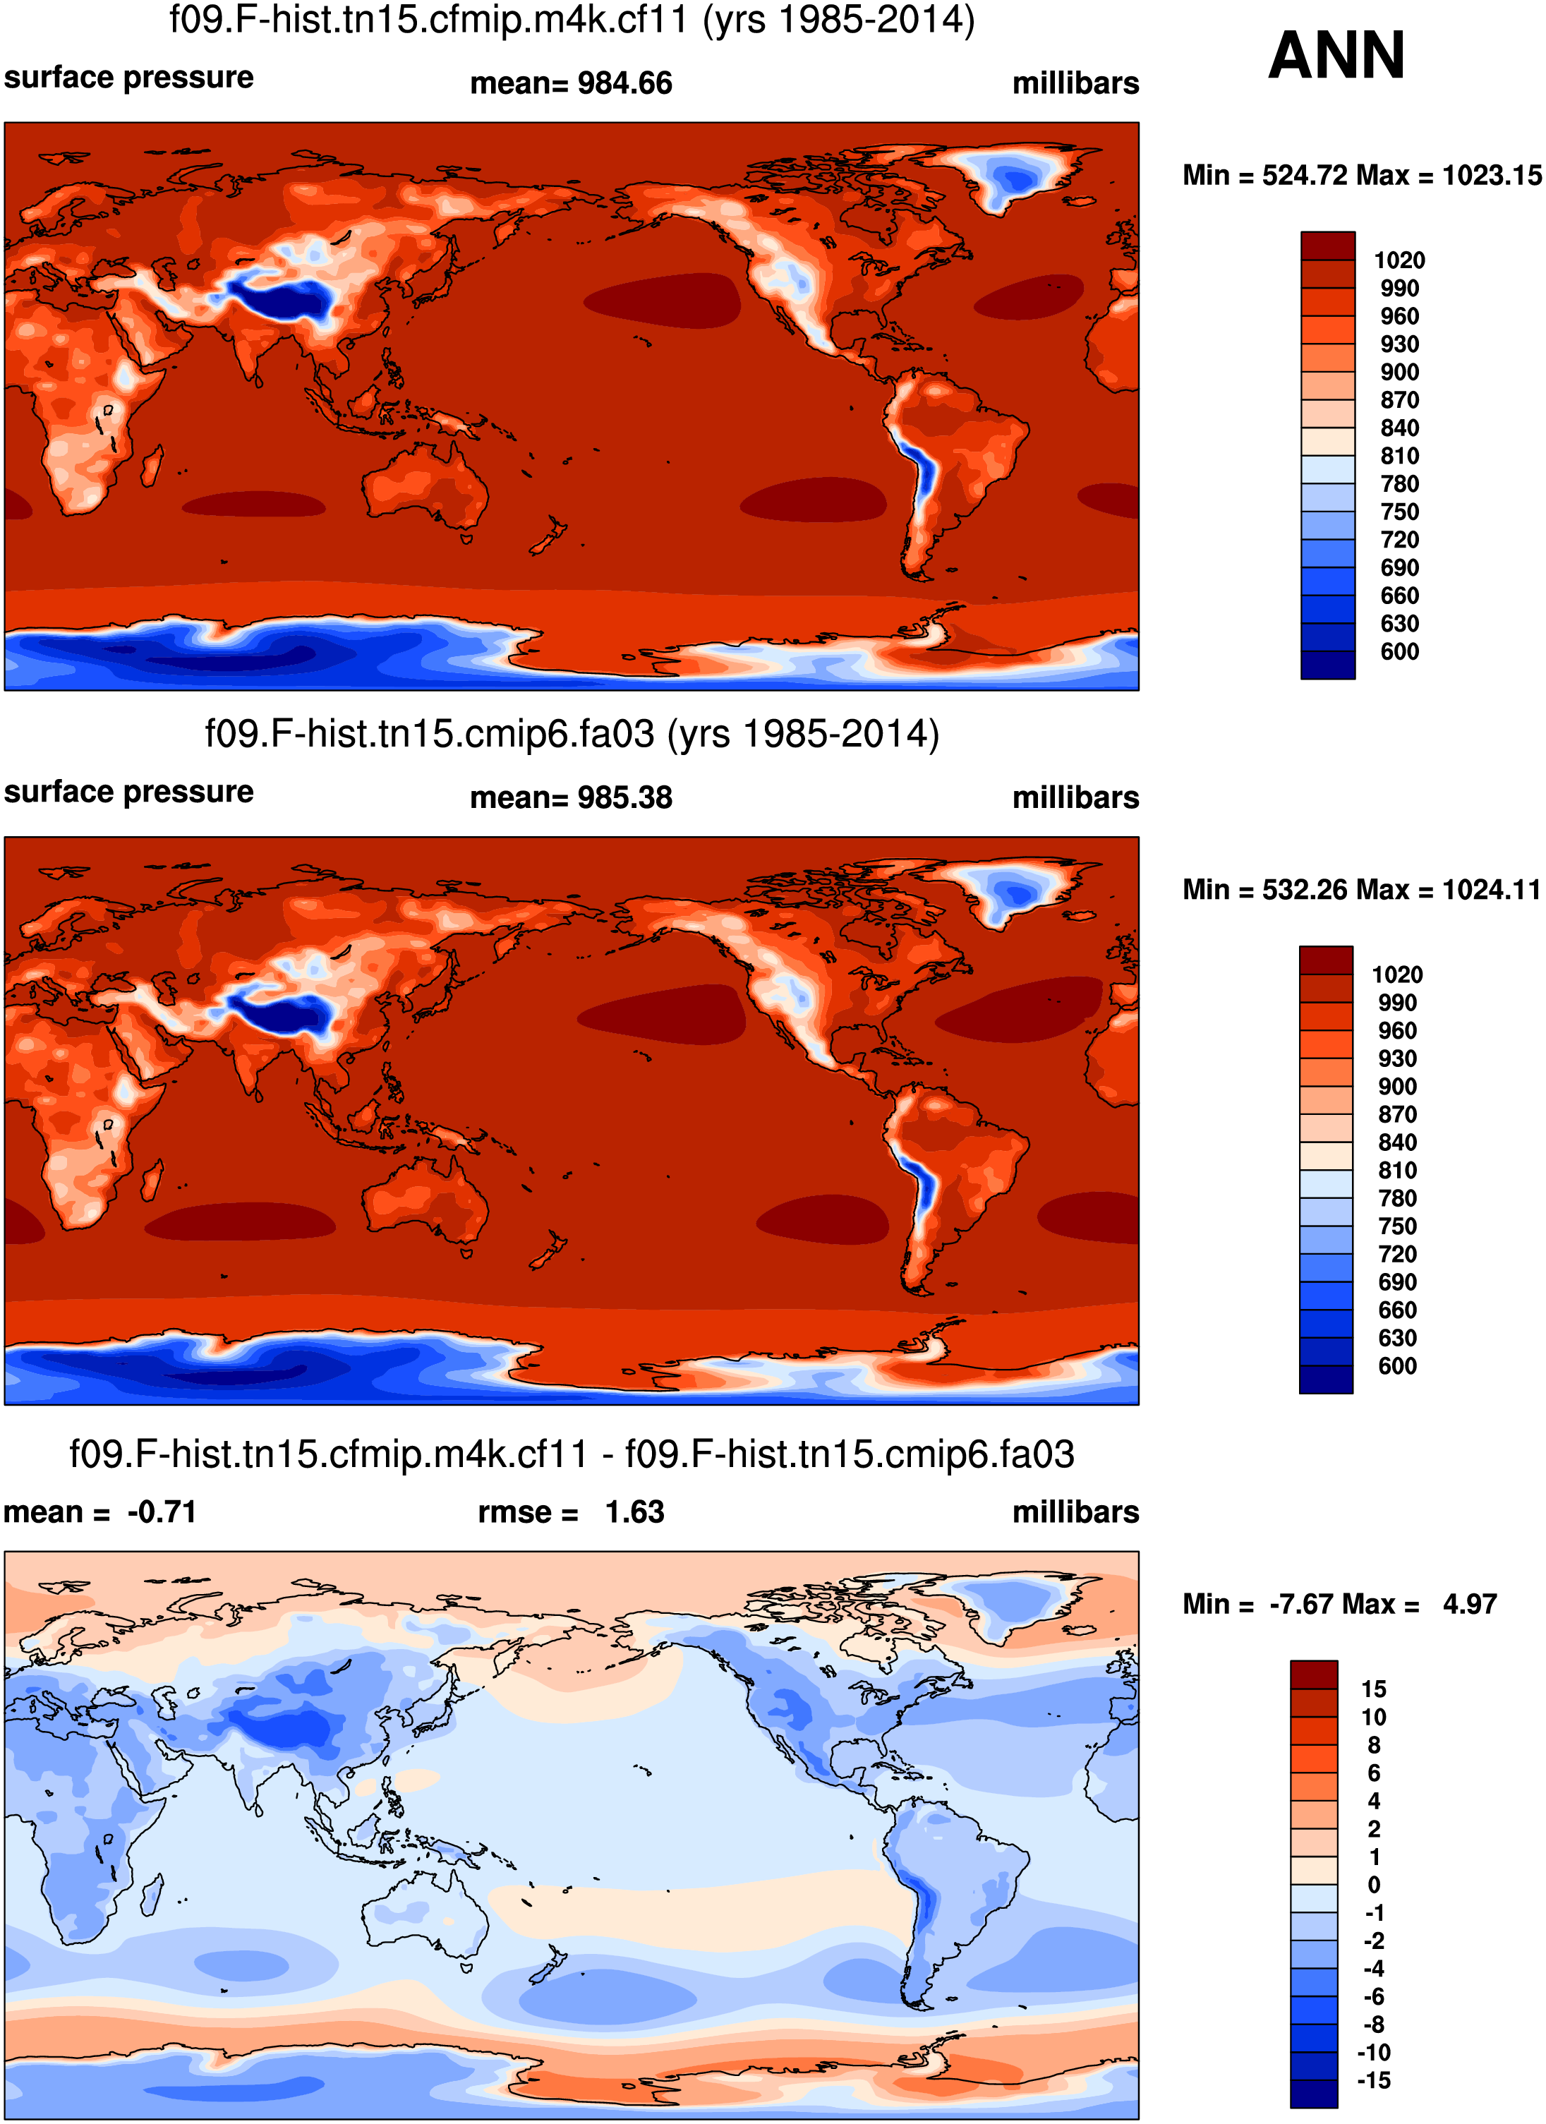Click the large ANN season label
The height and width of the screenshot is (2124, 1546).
1336,56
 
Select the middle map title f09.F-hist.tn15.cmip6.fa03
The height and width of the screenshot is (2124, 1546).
572,734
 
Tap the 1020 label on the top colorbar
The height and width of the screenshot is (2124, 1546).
1399,260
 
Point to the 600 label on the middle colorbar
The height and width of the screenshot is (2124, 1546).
1397,1366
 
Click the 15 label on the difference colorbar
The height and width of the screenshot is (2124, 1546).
1374,1689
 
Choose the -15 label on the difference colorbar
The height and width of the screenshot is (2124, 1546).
1374,2081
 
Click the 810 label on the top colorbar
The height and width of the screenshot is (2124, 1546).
1399,456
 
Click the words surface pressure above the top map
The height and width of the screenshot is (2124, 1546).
129,78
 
